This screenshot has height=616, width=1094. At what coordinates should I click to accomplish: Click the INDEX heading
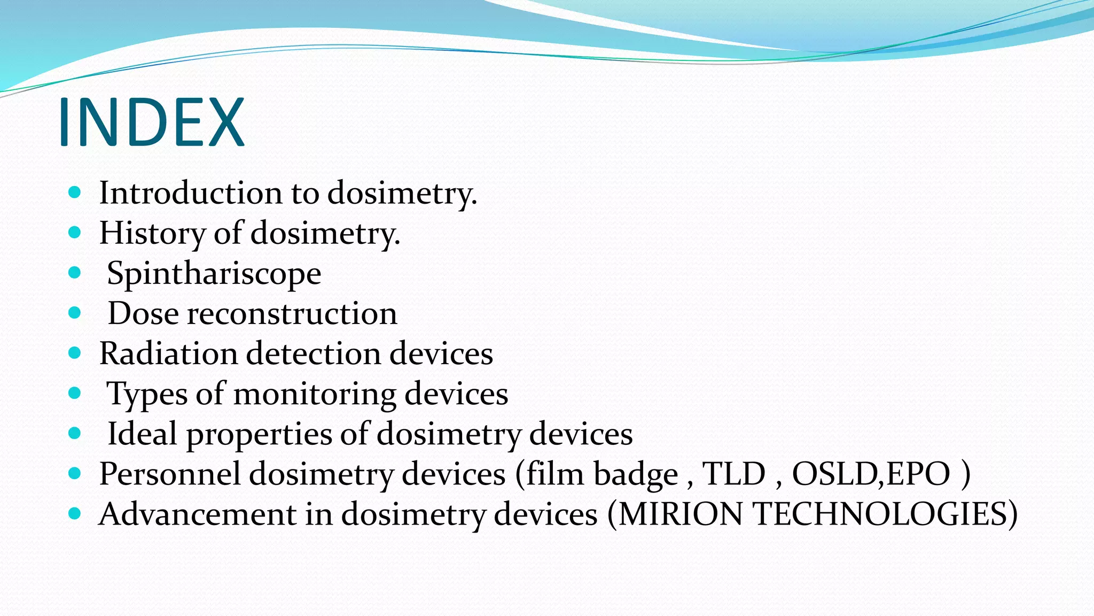pos(151,122)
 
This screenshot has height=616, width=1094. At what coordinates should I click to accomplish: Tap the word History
pos(152,233)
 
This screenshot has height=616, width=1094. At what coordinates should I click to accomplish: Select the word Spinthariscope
pos(214,274)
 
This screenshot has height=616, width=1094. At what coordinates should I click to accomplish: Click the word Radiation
pos(168,353)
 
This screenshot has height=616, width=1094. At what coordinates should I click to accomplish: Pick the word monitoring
pos(315,394)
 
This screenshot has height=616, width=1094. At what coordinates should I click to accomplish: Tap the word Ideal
pos(142,434)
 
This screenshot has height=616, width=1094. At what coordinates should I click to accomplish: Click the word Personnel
pos(169,474)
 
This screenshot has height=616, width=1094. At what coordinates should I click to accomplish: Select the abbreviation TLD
pos(733,474)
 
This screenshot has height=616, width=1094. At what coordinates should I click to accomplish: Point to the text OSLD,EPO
pos(871,474)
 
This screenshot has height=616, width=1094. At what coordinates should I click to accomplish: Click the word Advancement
pos(197,514)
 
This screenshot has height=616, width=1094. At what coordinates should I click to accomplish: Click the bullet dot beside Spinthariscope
pos(75,273)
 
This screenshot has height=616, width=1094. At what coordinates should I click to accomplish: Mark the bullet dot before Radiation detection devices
pos(75,353)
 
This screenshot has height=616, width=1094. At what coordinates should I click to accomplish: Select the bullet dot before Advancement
pos(75,514)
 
